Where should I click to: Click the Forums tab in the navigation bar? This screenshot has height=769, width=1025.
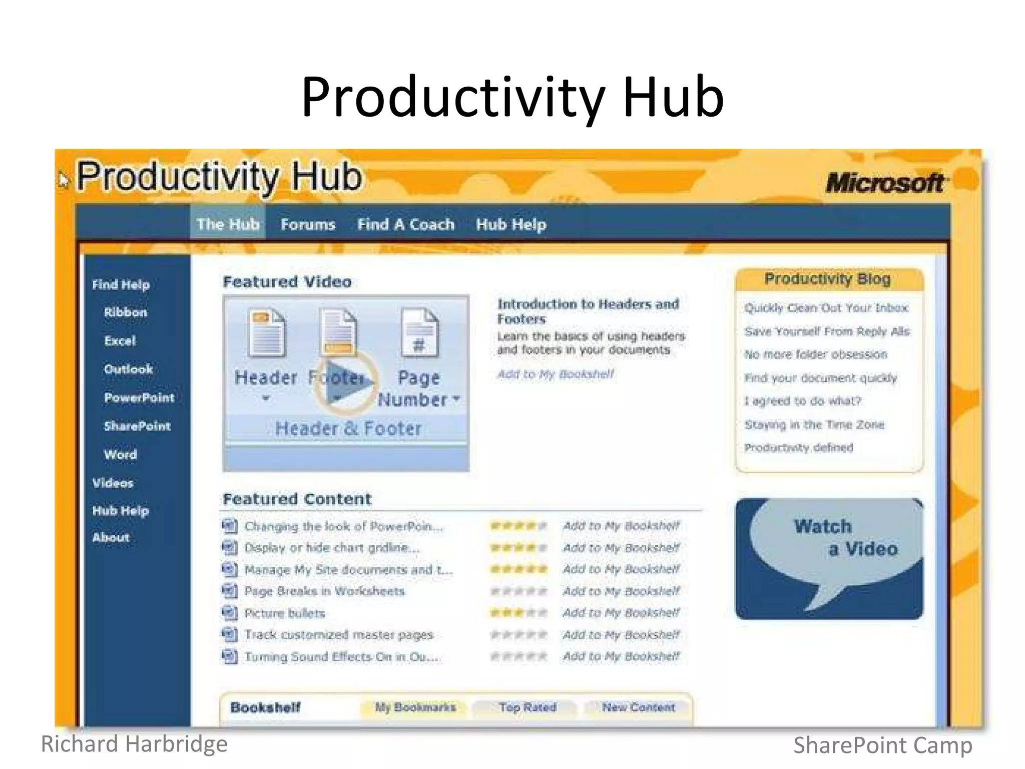tap(307, 224)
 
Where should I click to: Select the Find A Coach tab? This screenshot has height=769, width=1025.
tap(405, 224)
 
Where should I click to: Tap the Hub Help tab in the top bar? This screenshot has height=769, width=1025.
tap(511, 224)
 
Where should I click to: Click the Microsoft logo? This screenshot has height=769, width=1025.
tap(885, 183)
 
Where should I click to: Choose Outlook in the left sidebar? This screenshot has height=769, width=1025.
tap(128, 369)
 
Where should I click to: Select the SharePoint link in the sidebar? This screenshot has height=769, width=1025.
tap(137, 426)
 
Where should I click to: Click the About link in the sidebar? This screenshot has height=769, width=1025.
tap(111, 538)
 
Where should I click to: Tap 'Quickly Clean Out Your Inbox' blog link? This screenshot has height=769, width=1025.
tap(826, 308)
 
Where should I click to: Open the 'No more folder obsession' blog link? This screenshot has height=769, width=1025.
tap(815, 354)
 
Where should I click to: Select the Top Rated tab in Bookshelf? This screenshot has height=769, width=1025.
tap(528, 707)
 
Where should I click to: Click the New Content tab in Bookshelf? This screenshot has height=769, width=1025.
tap(638, 707)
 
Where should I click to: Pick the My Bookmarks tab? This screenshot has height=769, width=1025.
tap(415, 707)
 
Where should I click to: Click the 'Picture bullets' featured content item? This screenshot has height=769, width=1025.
tap(284, 613)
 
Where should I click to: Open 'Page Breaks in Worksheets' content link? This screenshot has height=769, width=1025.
tap(324, 591)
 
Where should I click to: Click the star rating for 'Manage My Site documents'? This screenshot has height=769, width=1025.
tap(519, 569)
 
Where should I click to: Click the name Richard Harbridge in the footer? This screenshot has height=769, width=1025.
tap(134, 744)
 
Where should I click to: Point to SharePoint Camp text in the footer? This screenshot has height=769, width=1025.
tap(882, 745)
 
